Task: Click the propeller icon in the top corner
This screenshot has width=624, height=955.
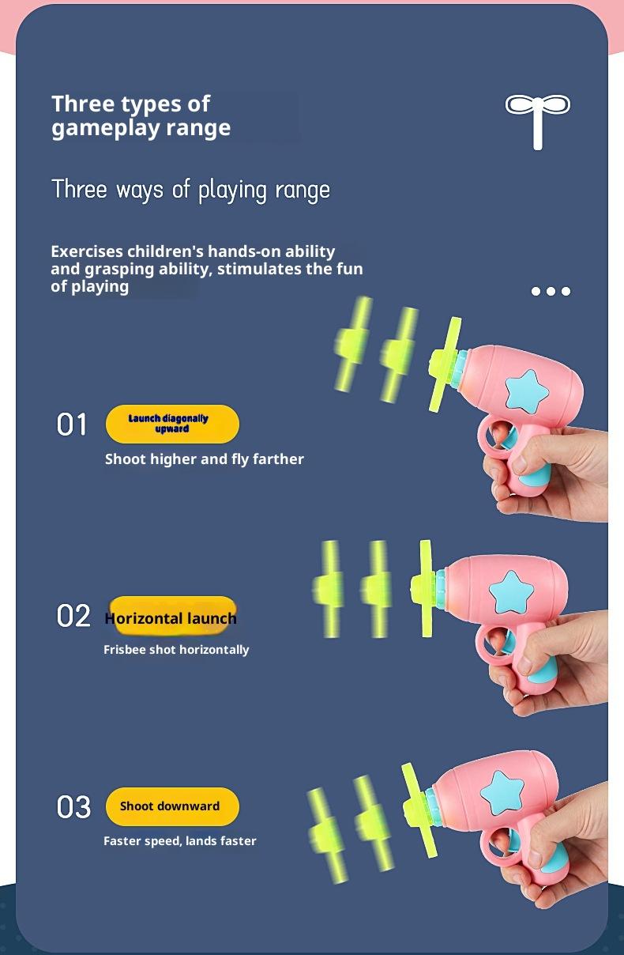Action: (x=538, y=122)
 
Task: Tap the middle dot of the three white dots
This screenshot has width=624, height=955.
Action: (x=551, y=291)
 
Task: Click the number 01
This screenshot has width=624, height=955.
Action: (x=72, y=425)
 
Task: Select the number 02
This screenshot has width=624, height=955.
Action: (x=73, y=616)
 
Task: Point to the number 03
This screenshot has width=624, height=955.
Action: (x=73, y=807)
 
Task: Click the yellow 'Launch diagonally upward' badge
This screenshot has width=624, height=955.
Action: (x=172, y=424)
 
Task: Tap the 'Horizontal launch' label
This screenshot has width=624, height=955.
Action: (x=171, y=618)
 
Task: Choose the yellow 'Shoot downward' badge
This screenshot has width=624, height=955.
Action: (x=172, y=806)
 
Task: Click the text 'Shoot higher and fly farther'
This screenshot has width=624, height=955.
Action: (x=205, y=459)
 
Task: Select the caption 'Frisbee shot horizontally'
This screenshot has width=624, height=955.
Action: (x=176, y=650)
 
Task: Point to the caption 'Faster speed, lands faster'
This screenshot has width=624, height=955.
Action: (x=180, y=840)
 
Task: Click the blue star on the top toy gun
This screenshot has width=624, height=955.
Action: (x=526, y=391)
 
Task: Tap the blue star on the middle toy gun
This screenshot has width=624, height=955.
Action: (x=511, y=592)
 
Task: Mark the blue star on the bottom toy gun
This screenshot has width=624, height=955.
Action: (x=502, y=793)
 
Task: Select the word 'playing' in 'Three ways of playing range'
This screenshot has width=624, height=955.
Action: (x=231, y=191)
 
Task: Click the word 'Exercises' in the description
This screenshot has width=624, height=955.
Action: (x=87, y=251)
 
